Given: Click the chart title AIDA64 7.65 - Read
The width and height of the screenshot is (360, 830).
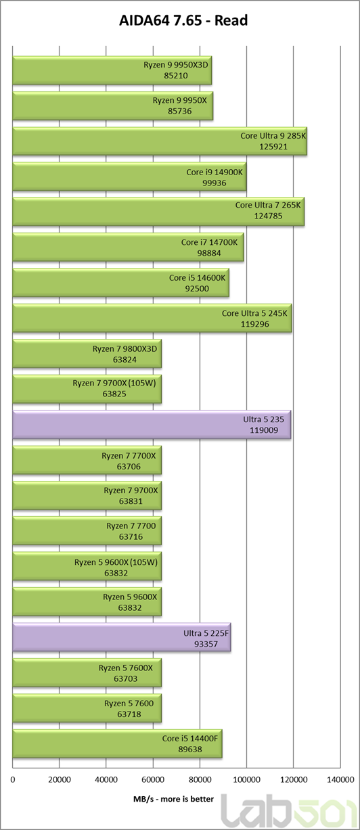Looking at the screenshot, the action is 183,20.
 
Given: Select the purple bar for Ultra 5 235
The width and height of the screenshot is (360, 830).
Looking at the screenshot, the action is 152,425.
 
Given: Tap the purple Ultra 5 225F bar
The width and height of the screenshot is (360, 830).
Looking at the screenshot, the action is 122,638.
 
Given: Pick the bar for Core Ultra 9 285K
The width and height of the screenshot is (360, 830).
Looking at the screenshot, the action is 160,141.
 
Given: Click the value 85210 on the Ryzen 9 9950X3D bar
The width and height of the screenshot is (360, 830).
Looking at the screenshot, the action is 176,76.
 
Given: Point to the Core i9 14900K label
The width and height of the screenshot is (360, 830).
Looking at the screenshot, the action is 215,172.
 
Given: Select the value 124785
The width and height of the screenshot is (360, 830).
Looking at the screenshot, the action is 268,216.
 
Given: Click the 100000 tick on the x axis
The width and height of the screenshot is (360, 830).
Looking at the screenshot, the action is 246,780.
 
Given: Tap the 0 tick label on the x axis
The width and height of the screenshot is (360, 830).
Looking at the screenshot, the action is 13,780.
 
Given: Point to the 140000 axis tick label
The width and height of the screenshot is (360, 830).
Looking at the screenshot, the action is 340,780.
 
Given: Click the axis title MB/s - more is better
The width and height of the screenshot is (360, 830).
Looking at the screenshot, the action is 173,799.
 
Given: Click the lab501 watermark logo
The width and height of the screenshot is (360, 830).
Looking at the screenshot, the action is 288,811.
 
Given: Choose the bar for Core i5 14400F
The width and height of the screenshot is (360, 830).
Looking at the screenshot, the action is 117,743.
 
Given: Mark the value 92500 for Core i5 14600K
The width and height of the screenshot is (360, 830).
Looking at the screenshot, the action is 197,289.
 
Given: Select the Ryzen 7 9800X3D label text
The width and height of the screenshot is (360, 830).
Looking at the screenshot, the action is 125,348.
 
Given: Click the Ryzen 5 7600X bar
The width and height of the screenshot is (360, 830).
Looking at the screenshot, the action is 87,673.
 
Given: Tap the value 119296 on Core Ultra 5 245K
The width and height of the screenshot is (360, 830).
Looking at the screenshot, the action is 254,324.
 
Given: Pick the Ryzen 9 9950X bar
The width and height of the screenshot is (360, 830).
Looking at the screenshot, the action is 113,106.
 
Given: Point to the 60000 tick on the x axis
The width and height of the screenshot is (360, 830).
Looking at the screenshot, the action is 153,780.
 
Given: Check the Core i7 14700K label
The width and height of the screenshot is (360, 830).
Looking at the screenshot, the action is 209,242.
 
